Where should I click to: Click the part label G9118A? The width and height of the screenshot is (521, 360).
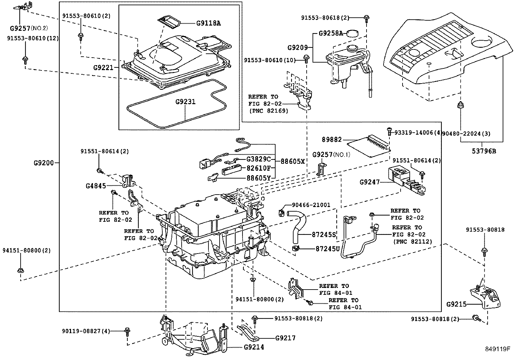(x=208, y=23)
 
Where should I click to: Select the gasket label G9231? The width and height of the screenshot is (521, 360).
(x=185, y=102)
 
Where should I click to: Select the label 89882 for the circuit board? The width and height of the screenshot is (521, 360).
(x=332, y=140)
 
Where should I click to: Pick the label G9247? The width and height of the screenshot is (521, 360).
(x=369, y=182)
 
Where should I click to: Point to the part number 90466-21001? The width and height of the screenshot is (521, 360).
(x=311, y=205)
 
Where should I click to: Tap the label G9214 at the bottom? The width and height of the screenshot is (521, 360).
(x=254, y=347)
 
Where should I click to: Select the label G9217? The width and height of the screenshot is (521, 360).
(x=285, y=338)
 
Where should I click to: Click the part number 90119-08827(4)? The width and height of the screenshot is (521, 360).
(x=86, y=331)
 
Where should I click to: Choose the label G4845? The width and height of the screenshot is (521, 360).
(x=96, y=186)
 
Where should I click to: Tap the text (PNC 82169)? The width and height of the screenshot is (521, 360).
(x=268, y=111)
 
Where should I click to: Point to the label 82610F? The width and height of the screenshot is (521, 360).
(x=259, y=168)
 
